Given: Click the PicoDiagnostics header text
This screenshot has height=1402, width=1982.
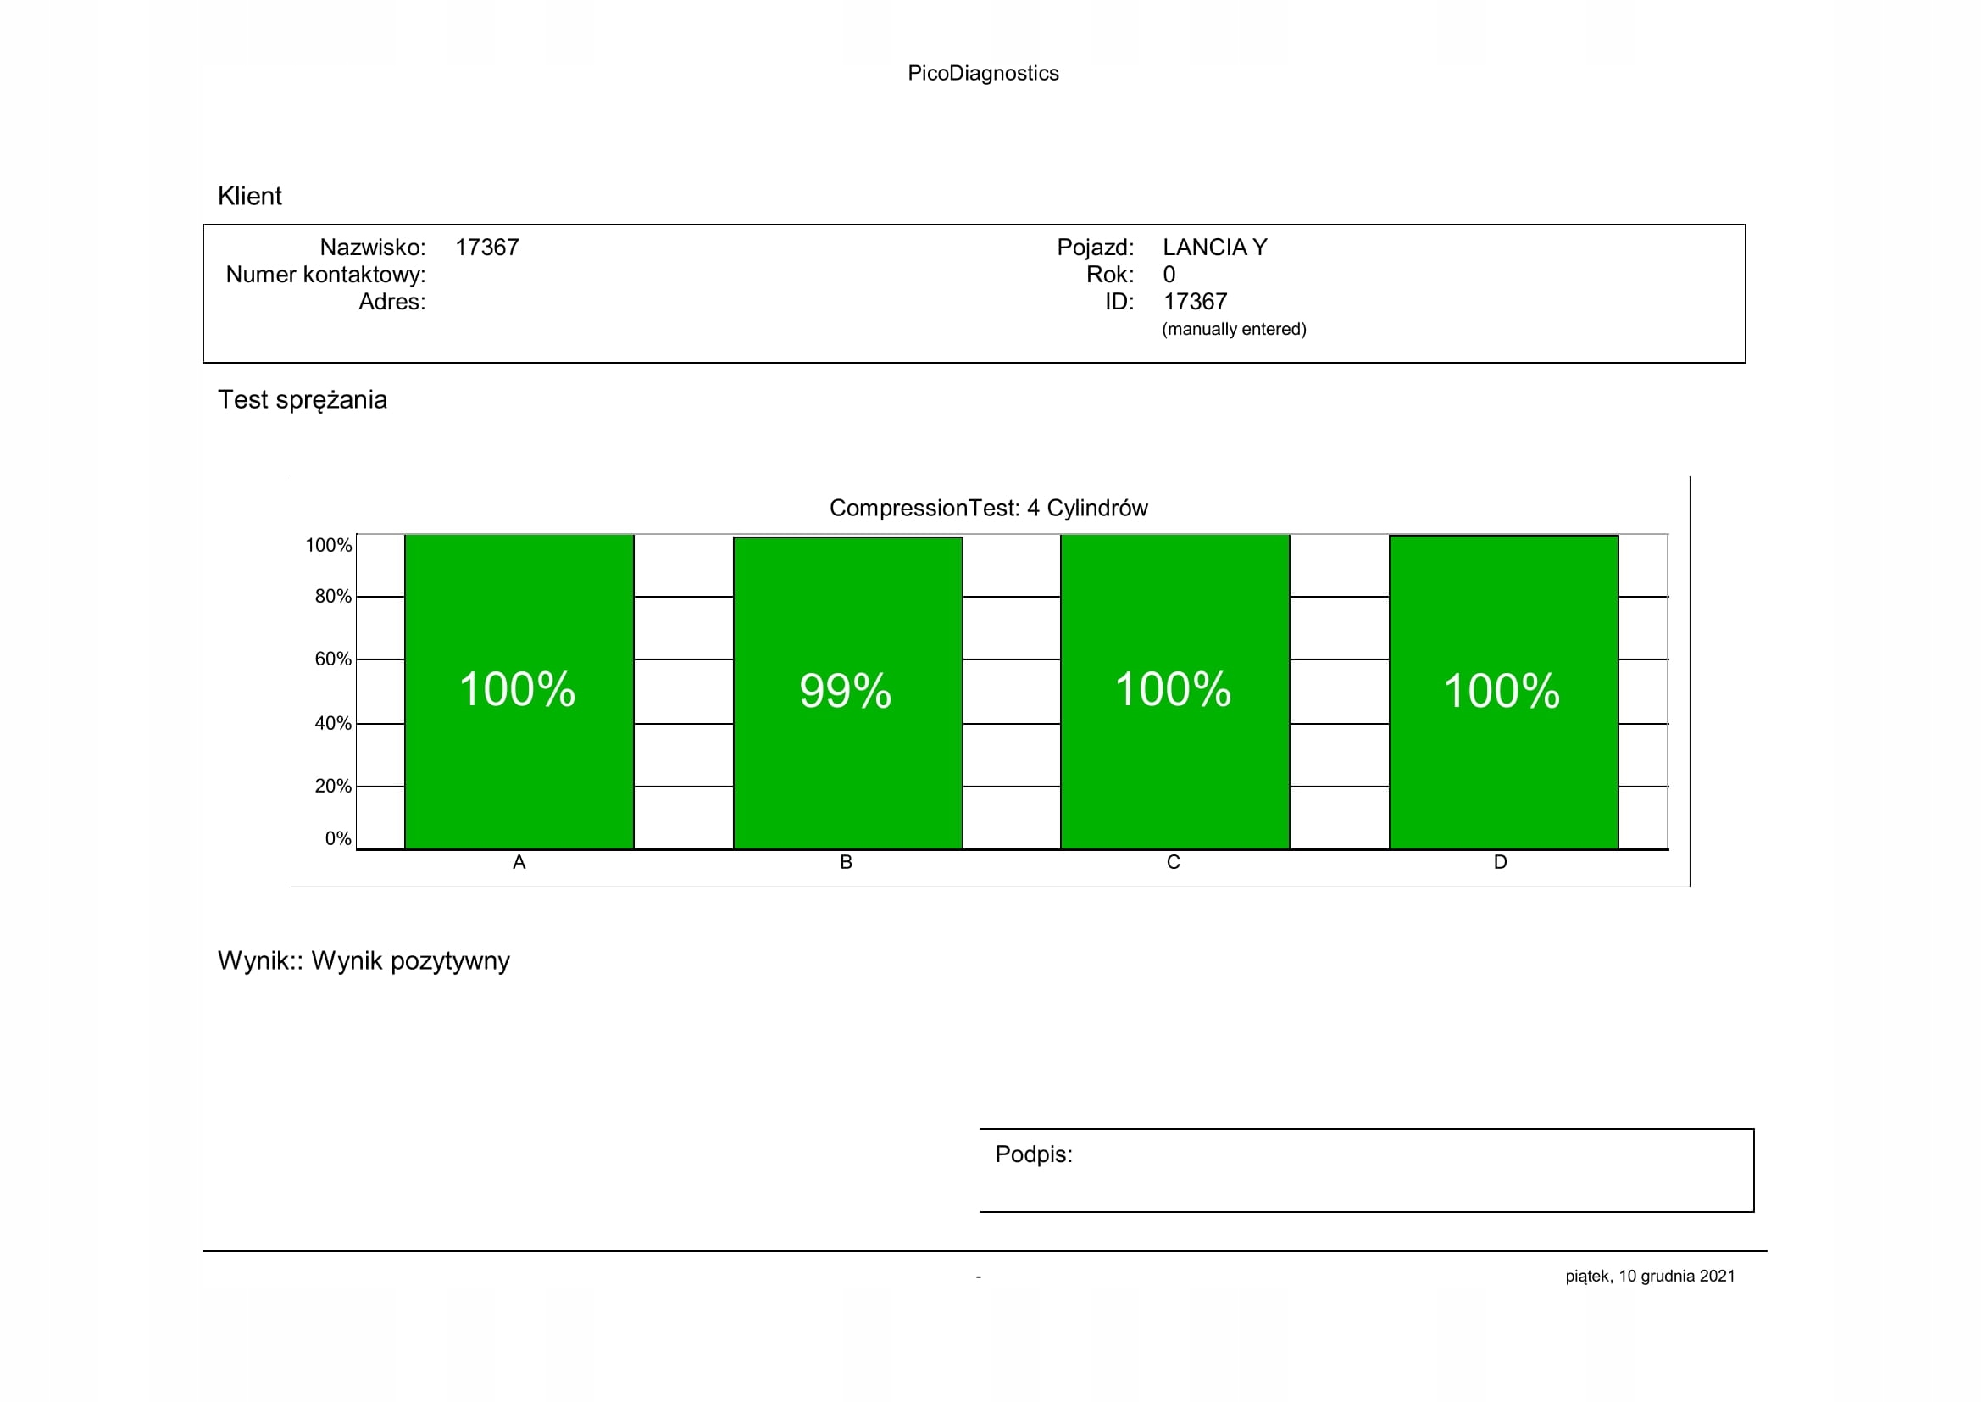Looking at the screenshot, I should (982, 74).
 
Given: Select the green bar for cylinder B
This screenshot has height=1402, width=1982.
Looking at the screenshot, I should (847, 777).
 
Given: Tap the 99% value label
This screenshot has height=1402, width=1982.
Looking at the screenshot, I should (845, 691).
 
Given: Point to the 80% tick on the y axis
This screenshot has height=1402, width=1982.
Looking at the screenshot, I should (332, 597).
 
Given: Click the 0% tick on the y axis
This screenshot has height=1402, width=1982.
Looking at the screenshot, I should (337, 838).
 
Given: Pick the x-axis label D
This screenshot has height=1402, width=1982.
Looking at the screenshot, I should (1501, 862).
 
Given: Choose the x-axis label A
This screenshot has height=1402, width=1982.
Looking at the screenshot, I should (519, 862).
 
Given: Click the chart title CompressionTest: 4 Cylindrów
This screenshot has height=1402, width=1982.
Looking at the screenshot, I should (988, 508).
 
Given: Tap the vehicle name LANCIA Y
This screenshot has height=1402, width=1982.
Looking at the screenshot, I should (1214, 248).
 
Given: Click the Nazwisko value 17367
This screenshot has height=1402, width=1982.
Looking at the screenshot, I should (487, 248).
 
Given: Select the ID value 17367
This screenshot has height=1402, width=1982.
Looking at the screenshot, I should (1195, 302).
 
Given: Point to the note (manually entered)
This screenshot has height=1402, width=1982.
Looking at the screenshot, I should (1234, 329).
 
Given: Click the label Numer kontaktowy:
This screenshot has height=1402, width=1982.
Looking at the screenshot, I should (325, 275).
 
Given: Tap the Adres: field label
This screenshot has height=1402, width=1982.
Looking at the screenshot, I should (392, 302).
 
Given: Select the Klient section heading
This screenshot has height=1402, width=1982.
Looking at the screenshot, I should (249, 196).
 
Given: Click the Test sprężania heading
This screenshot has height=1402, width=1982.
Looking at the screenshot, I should (303, 400).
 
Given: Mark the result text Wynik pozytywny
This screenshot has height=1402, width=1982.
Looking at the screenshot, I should (410, 961).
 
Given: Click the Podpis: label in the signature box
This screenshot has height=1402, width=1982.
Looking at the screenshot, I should (1033, 1154).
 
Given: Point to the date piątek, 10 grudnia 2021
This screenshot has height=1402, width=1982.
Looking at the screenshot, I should (1650, 1276).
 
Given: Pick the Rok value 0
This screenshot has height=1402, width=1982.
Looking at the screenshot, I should (1169, 275).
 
